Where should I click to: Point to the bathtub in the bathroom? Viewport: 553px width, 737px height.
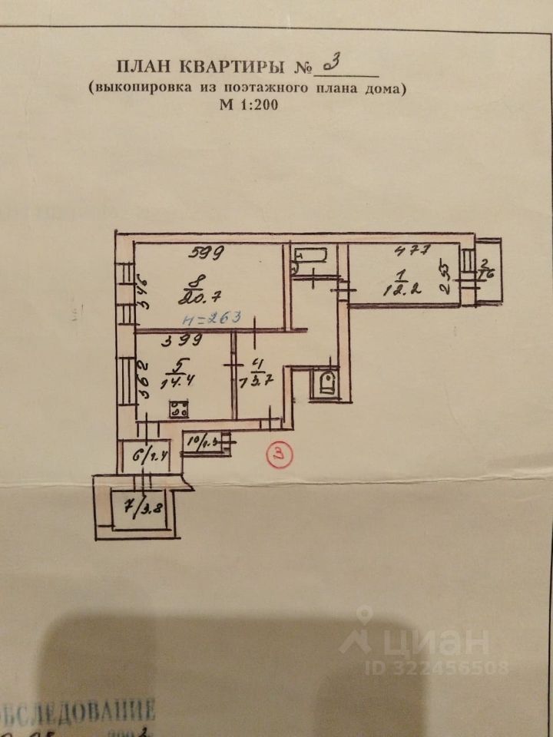click(x=311, y=260)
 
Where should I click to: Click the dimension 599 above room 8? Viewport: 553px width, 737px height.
click(x=209, y=251)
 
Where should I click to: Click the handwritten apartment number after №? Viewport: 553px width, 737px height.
click(x=335, y=64)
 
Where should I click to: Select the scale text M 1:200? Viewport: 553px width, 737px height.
click(x=247, y=106)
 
